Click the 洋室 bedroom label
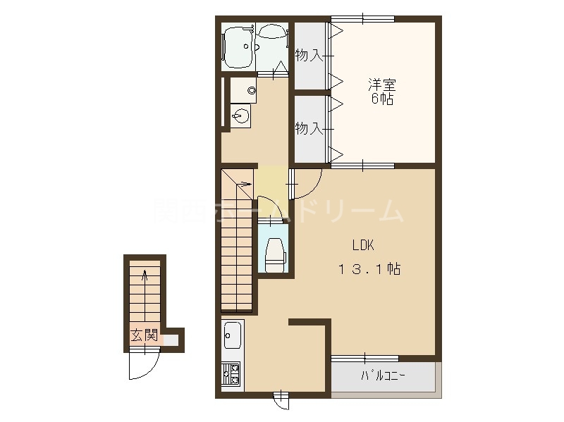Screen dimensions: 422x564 (x=381, y=85)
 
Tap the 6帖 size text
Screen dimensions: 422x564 (x=381, y=99)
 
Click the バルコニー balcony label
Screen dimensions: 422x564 (x=383, y=376)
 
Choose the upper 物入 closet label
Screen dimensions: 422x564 (x=308, y=56)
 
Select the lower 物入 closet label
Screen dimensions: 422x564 (x=308, y=128)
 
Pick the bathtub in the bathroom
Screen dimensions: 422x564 (x=240, y=44)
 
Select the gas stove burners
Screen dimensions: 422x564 (x=231, y=373)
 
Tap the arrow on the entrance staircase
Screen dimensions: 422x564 (x=145, y=276)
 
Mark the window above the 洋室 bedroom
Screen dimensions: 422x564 (x=362, y=18)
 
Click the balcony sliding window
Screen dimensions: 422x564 (x=364, y=359)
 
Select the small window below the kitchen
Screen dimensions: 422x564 (x=281, y=400)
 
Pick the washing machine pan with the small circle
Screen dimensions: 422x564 (x=243, y=87)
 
